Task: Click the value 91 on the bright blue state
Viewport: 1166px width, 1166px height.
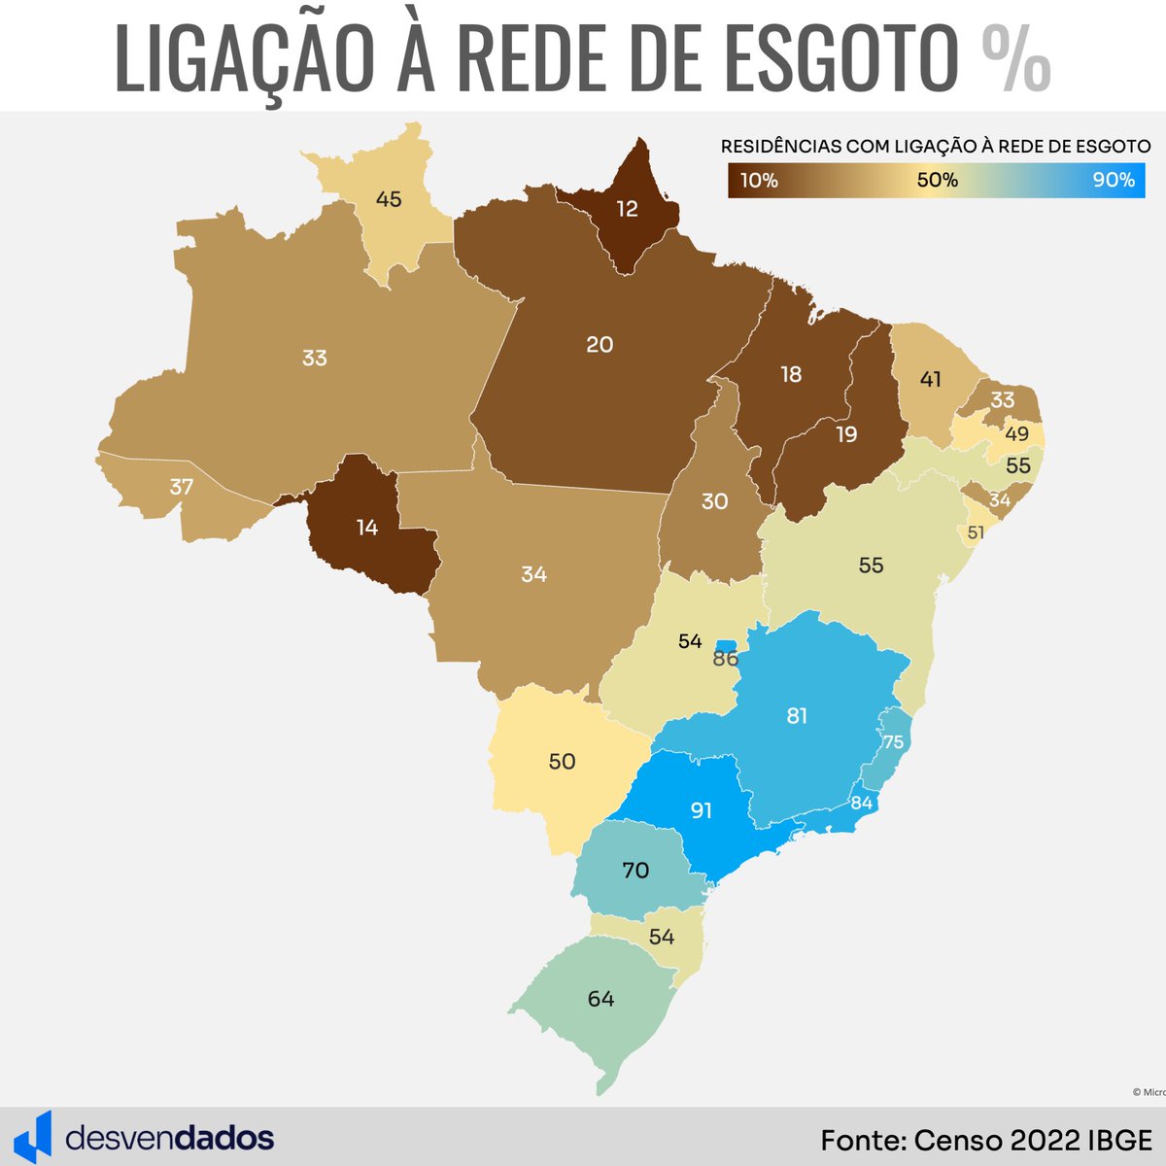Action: pyautogui.click(x=702, y=809)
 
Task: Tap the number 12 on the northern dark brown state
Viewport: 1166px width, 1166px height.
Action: pyautogui.click(x=627, y=208)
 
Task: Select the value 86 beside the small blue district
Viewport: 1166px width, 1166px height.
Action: pyautogui.click(x=726, y=659)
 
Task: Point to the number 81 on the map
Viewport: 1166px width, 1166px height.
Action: pyautogui.click(x=797, y=716)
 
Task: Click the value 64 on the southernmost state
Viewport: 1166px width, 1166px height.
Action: pyautogui.click(x=601, y=998)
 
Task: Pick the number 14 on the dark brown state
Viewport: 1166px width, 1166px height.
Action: pyautogui.click(x=366, y=528)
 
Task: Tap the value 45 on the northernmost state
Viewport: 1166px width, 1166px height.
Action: pyautogui.click(x=388, y=199)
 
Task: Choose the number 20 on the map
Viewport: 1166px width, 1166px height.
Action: pyautogui.click(x=600, y=344)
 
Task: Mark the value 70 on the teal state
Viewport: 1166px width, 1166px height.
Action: pyautogui.click(x=635, y=871)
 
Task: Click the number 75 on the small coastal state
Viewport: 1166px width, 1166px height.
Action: pyautogui.click(x=893, y=742)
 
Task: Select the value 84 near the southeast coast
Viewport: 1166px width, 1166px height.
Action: pyautogui.click(x=861, y=803)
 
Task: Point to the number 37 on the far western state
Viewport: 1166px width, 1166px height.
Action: pyautogui.click(x=182, y=487)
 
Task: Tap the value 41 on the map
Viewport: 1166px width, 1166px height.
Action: pyautogui.click(x=931, y=379)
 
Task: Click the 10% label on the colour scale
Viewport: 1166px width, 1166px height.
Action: pyautogui.click(x=759, y=180)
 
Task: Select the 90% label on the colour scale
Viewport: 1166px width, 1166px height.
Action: pyautogui.click(x=1113, y=180)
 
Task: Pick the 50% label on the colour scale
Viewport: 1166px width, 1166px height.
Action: pyautogui.click(x=938, y=180)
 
